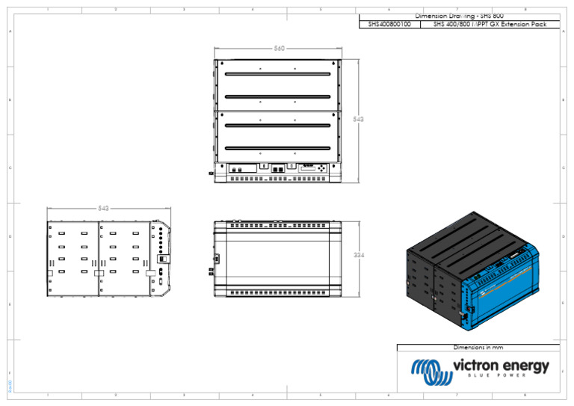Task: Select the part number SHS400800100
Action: coord(389,25)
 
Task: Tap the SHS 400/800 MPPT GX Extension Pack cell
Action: coord(495,25)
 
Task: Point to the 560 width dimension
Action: coord(278,49)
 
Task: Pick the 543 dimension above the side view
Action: coord(103,208)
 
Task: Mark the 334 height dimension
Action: coord(359,255)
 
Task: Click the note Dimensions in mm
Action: coord(478,348)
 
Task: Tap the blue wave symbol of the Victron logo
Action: coord(428,369)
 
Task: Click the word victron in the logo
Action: coord(478,366)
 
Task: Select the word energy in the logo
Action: coord(528,366)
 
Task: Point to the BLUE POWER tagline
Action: coord(500,377)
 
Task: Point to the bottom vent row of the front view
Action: coord(278,292)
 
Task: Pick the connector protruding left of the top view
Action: coord(212,173)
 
